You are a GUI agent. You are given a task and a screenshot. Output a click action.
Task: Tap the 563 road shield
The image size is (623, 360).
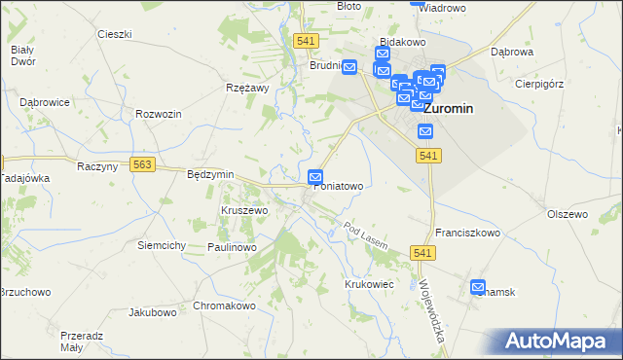143,165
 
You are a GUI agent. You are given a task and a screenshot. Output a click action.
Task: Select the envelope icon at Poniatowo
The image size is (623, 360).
315,176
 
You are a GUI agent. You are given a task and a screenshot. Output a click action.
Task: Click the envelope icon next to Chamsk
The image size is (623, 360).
478,287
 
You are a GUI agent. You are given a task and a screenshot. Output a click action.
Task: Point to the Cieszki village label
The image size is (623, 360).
114,34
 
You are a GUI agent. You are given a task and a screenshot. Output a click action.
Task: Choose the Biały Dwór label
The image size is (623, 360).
21,55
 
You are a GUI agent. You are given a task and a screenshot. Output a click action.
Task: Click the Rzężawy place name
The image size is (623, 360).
246,89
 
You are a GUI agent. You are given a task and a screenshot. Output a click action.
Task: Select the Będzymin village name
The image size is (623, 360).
210,174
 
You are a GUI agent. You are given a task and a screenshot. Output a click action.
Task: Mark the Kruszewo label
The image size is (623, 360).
243,210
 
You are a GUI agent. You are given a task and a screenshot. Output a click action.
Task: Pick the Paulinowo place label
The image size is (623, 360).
231,248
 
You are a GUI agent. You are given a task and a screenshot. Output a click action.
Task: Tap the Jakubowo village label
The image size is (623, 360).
152,313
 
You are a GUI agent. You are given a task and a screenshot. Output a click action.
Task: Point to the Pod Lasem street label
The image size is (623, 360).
366,234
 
